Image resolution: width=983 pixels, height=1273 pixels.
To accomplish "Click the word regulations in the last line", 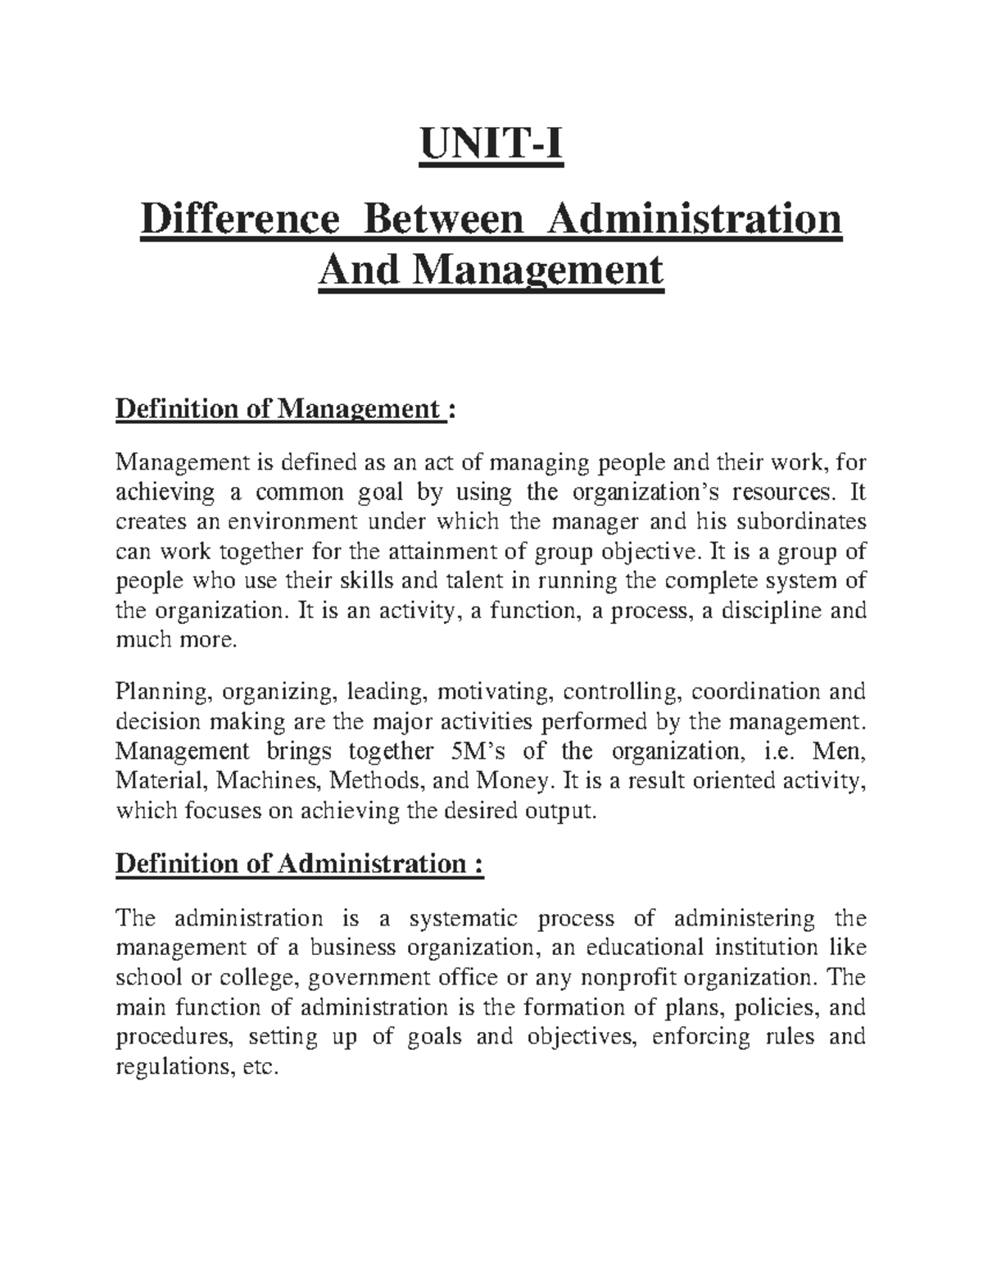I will tap(173, 1067).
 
